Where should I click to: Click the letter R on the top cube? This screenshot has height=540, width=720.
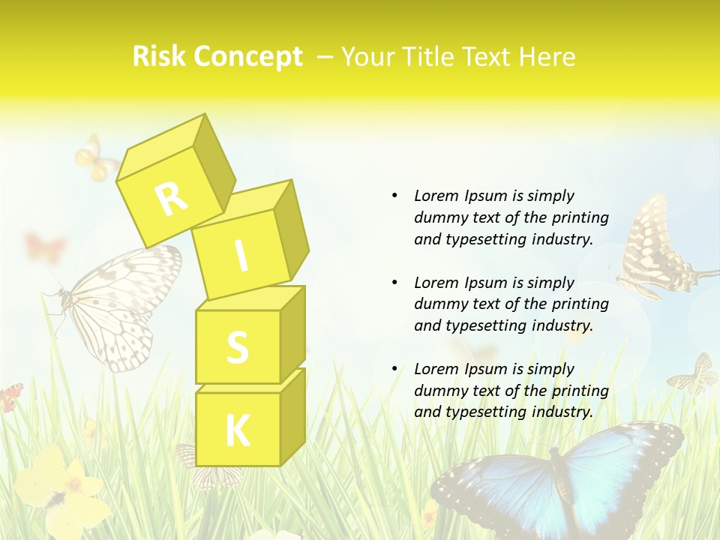coord(171,199)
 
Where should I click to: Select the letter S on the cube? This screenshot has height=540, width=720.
coord(237,347)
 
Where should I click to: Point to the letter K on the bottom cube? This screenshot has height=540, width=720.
coord(237,430)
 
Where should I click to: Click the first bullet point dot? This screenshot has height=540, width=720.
coord(394,196)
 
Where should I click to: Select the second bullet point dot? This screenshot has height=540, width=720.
coord(394,283)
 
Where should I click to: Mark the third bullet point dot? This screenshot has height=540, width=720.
coord(394,369)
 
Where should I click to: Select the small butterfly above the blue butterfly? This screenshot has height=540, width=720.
coord(694,375)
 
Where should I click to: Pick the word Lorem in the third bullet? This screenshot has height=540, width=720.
coord(436,369)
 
